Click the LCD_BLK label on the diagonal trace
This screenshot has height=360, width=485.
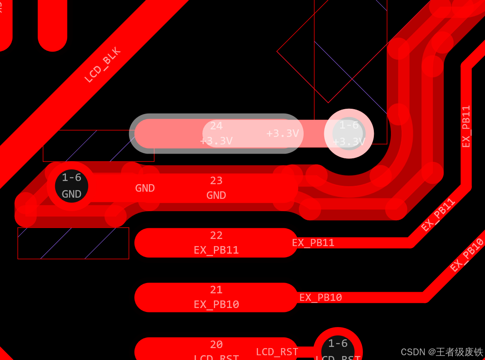click(102, 65)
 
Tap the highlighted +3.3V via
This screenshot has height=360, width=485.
click(349, 133)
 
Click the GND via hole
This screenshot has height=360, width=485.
click(71, 186)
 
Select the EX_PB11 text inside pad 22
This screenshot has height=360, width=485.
click(216, 250)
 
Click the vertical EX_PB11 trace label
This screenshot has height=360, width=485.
click(466, 126)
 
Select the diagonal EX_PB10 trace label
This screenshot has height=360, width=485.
click(468, 254)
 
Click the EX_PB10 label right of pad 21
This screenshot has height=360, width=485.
click(321, 297)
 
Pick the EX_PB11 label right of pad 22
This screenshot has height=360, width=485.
click(313, 243)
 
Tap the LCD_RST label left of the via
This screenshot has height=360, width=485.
click(277, 352)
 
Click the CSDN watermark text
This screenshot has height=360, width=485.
click(442, 352)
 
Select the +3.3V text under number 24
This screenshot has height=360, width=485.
click(216, 141)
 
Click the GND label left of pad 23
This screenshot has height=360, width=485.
click(145, 188)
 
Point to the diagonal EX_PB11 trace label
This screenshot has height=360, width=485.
click(438, 215)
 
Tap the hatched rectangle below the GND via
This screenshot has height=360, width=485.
click(73, 243)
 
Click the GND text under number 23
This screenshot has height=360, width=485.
click(216, 195)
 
